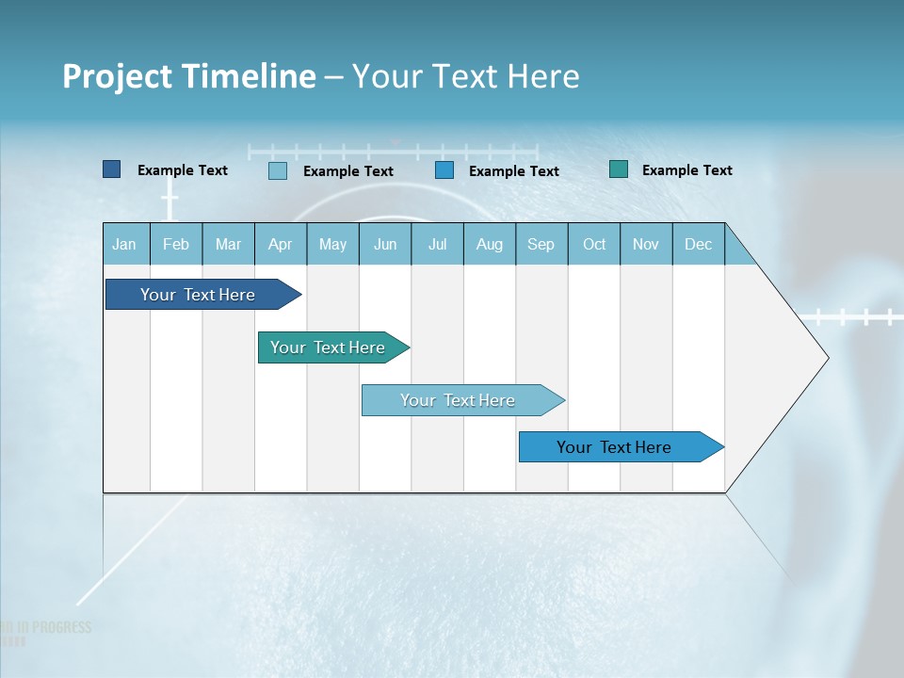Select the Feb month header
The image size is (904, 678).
point(176,244)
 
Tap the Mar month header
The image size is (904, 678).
point(229,244)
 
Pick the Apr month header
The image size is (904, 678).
point(281,244)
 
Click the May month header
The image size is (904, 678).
point(332,244)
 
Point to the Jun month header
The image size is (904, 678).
point(385,244)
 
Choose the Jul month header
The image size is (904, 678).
point(438,244)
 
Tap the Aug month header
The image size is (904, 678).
point(490,244)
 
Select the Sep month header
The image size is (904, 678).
point(541,244)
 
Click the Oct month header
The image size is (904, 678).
point(594,244)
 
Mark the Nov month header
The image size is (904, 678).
point(646,244)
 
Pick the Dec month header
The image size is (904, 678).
point(699,244)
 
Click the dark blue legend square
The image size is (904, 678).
point(111,169)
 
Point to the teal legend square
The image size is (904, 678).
point(619,169)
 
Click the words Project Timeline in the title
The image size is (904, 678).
point(189,76)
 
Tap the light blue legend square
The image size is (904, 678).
point(278,170)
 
